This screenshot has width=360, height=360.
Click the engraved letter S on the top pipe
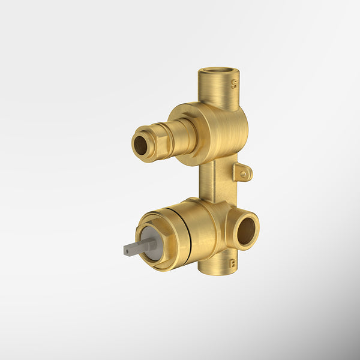(x=234, y=85)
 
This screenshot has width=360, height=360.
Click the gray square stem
(x=135, y=247)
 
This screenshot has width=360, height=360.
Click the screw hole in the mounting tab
(x=244, y=175)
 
